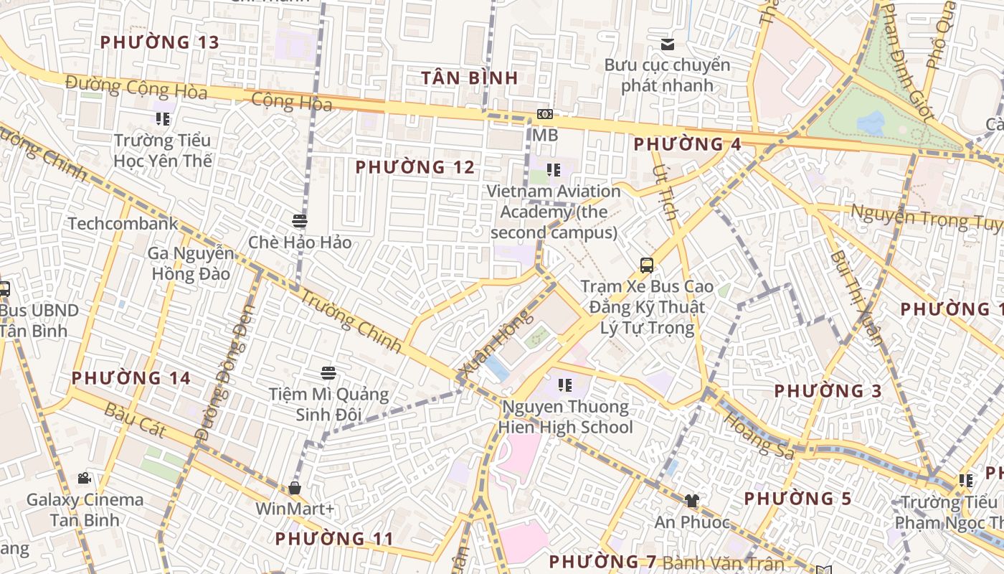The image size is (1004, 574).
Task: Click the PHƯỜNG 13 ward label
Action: (x=159, y=42)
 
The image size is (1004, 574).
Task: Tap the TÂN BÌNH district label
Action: (x=469, y=78)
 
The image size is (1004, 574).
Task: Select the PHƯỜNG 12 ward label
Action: (x=415, y=168)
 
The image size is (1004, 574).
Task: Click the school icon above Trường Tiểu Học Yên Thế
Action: (x=163, y=119)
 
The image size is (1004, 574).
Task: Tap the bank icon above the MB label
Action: (x=545, y=115)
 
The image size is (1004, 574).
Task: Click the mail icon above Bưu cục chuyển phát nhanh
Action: (x=668, y=44)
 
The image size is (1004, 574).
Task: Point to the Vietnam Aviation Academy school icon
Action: (x=554, y=170)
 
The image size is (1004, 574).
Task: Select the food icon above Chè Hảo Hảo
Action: (x=300, y=221)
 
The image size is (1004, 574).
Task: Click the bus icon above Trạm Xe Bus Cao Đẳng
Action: (x=647, y=265)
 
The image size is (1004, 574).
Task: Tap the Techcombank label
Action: (x=123, y=224)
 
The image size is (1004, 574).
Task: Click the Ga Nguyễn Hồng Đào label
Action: (x=191, y=263)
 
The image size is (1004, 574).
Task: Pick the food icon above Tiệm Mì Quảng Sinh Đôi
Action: (x=328, y=373)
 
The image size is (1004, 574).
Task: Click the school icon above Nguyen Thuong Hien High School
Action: (x=565, y=385)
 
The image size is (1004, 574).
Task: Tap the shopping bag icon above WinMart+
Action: (x=295, y=488)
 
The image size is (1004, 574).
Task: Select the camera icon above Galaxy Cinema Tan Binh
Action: (x=85, y=479)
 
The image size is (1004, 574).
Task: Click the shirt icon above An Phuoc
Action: (x=691, y=501)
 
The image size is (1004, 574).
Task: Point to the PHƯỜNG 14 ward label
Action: (x=131, y=378)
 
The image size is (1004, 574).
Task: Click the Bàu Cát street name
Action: (x=136, y=420)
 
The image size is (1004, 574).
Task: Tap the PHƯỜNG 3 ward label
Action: (x=828, y=391)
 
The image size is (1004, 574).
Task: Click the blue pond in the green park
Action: (x=871, y=123)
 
